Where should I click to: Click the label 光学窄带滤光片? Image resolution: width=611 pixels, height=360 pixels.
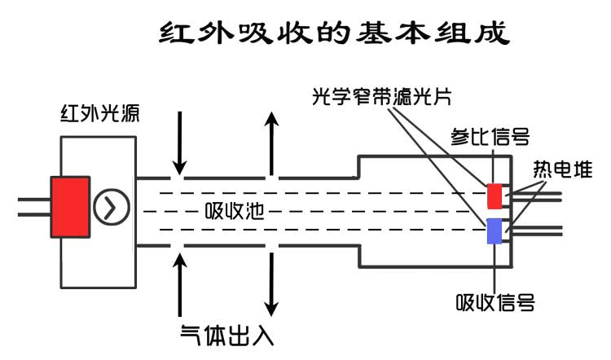[x=382, y=97]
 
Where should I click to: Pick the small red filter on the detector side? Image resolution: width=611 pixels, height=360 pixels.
[x=495, y=196]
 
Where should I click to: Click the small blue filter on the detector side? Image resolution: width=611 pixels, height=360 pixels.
[x=495, y=230]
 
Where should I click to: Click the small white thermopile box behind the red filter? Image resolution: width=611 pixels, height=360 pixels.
[x=507, y=196]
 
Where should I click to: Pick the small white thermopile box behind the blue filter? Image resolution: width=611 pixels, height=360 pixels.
[x=507, y=230]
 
